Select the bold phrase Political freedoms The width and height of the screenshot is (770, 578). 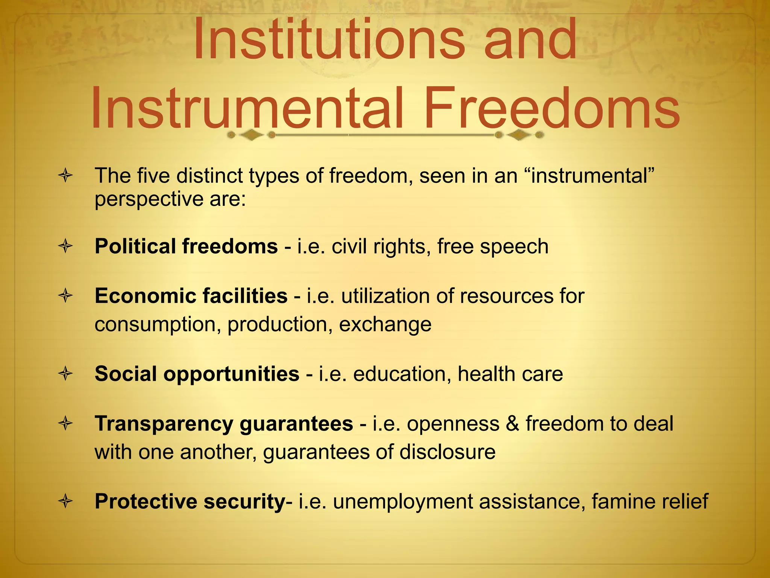186,246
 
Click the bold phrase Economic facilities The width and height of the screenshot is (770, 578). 191,296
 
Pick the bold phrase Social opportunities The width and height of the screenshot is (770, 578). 197,374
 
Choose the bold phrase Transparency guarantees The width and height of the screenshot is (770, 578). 224,424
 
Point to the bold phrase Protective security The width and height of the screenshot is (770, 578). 190,502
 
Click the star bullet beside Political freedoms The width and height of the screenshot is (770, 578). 65,247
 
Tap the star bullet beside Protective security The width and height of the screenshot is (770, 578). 65,502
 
